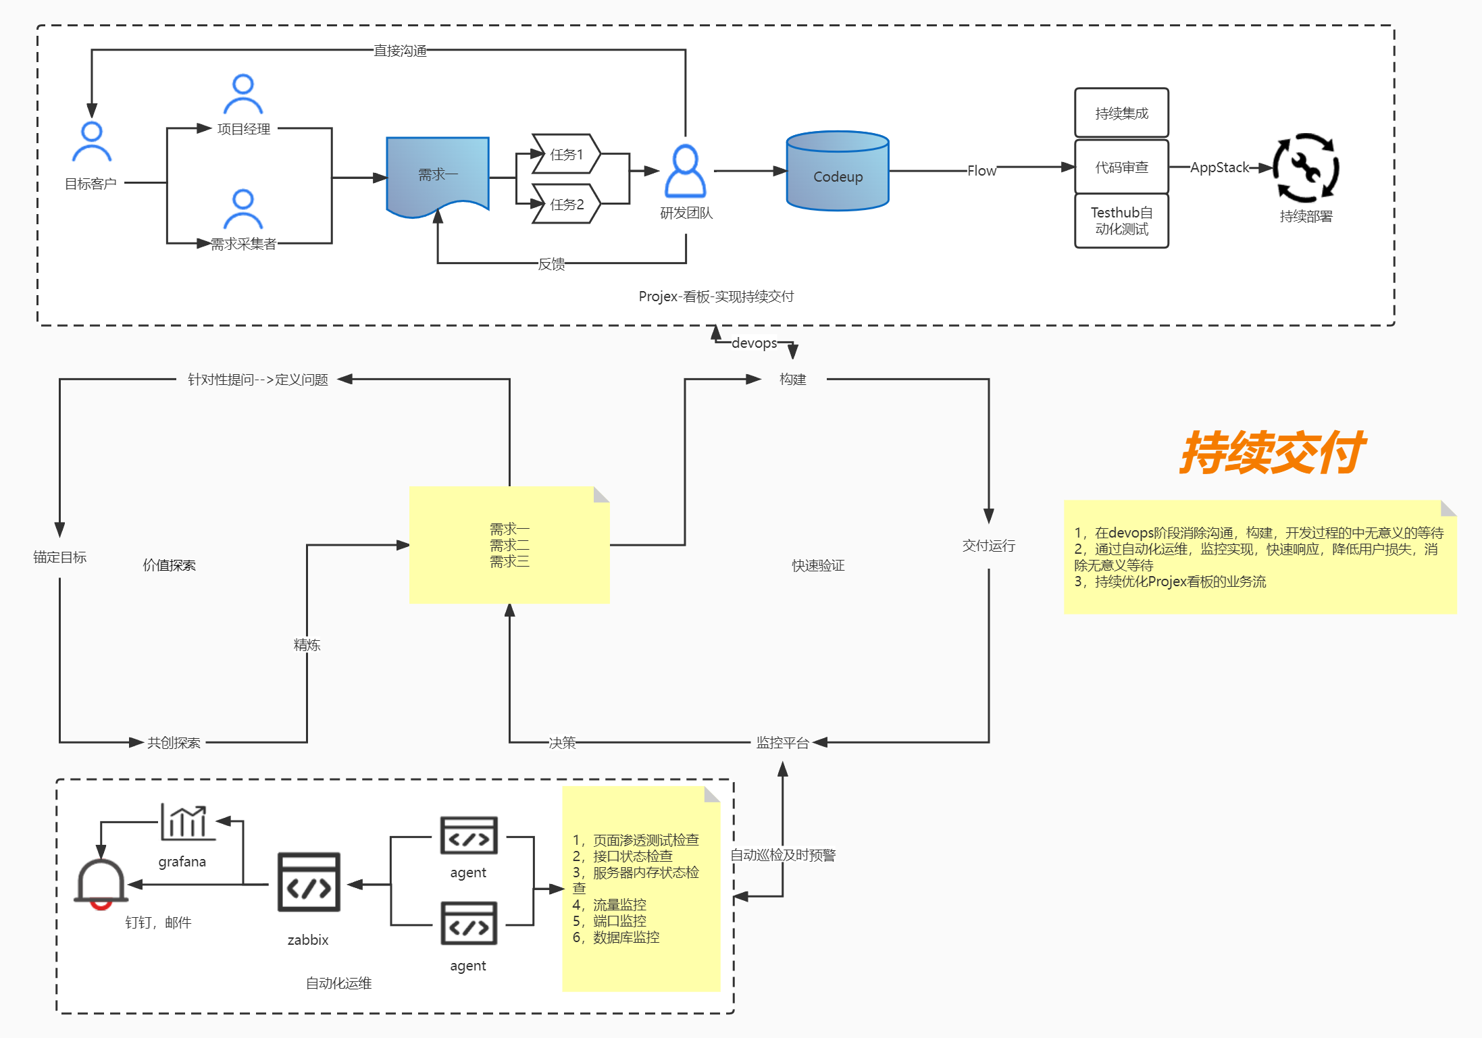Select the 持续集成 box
point(1121,113)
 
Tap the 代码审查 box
point(1121,167)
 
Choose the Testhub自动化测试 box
point(1121,221)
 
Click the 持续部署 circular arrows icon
point(1306,167)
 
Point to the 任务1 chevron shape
point(566,154)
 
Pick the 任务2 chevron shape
point(566,204)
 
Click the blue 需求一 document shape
point(438,174)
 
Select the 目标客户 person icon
point(92,142)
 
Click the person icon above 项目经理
point(243,95)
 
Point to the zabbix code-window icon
point(309,882)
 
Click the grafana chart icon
point(188,822)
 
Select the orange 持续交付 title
point(1273,452)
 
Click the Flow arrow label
point(981,171)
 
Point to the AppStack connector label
point(1219,167)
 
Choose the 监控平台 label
point(782,743)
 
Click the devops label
point(754,343)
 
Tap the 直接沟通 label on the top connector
point(400,51)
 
